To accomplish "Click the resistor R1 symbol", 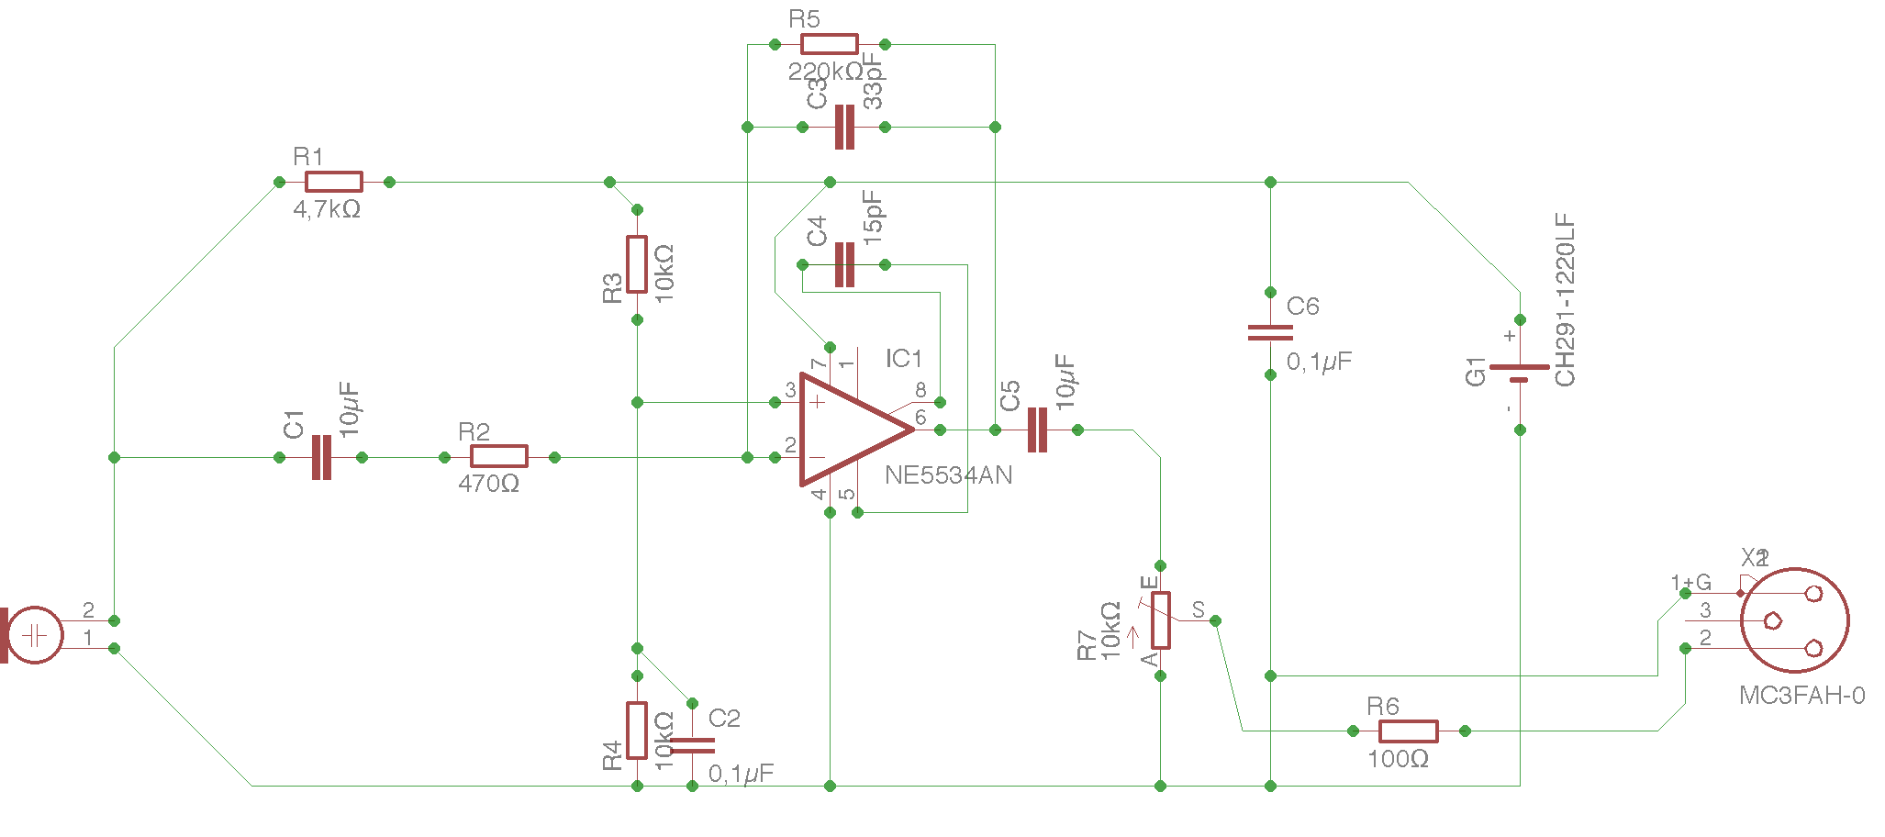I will [333, 182].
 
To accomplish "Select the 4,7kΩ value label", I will [327, 210].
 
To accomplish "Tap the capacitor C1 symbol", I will [321, 457].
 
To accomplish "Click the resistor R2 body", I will [498, 457].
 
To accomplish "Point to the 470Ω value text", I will [488, 484].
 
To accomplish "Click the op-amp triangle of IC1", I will [849, 430].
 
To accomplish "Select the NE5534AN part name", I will [948, 475].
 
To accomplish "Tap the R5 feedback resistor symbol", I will [829, 44].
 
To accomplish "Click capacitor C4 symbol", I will [844, 264].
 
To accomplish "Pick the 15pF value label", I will [873, 217].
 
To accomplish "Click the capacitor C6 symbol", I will [1270, 332].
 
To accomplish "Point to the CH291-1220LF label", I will [1565, 300].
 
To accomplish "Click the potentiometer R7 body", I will [1161, 620].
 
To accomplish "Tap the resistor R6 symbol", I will [1408, 731].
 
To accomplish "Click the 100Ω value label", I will [1398, 760].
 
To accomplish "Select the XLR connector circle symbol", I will [1794, 620].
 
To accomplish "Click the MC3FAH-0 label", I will [1801, 696].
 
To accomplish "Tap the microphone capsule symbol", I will [35, 634].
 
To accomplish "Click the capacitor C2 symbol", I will [693, 745].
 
